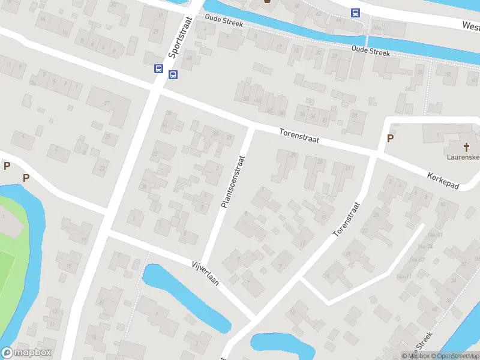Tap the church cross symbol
click(466, 147)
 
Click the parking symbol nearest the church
click(390, 139)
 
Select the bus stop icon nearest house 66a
click(355, 13)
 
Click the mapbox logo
click(26, 353)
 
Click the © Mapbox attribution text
click(415, 356)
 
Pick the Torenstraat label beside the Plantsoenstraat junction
click(299, 136)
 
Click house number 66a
click(377, 27)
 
